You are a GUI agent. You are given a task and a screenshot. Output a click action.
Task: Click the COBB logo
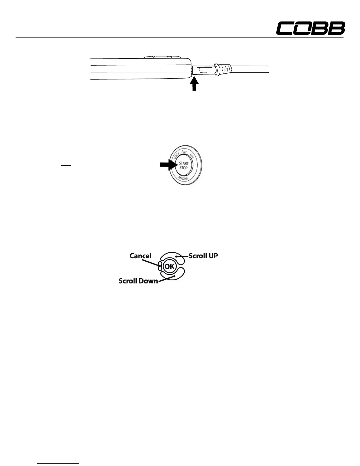(x=310, y=29)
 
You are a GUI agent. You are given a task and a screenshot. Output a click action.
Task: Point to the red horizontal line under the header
(x=179, y=38)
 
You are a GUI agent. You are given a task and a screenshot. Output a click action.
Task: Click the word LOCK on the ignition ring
(x=177, y=155)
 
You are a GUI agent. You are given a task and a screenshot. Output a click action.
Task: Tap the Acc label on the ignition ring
(x=184, y=152)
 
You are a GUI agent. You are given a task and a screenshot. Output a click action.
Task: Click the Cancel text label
(x=140, y=256)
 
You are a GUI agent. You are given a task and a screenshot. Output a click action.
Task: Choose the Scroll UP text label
(x=203, y=256)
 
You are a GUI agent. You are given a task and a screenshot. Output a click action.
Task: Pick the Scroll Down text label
(x=138, y=281)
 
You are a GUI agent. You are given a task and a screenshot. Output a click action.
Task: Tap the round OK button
(x=169, y=267)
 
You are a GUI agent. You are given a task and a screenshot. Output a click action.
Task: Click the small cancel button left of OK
(x=160, y=266)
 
